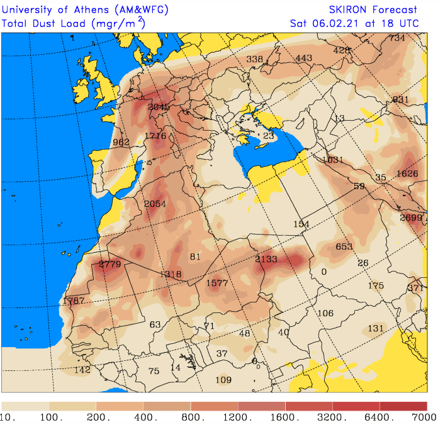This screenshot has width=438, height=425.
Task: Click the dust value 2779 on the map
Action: click(x=110, y=264)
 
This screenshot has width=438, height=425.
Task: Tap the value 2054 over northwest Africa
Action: click(x=155, y=204)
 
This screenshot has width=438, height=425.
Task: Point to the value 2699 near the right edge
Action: click(x=412, y=218)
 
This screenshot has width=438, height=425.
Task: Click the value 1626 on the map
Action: click(x=407, y=174)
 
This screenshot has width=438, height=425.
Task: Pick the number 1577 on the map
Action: click(x=217, y=283)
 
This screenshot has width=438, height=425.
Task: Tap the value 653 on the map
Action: click(x=344, y=246)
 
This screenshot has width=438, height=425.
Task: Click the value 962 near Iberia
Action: click(x=121, y=142)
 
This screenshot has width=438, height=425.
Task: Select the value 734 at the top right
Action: click(x=397, y=38)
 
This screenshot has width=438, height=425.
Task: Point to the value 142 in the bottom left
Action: click(x=82, y=370)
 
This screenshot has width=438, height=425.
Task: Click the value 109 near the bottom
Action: click(x=223, y=380)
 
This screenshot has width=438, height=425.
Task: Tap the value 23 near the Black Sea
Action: click(x=269, y=136)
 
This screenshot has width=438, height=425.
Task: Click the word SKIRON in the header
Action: click(x=348, y=9)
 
